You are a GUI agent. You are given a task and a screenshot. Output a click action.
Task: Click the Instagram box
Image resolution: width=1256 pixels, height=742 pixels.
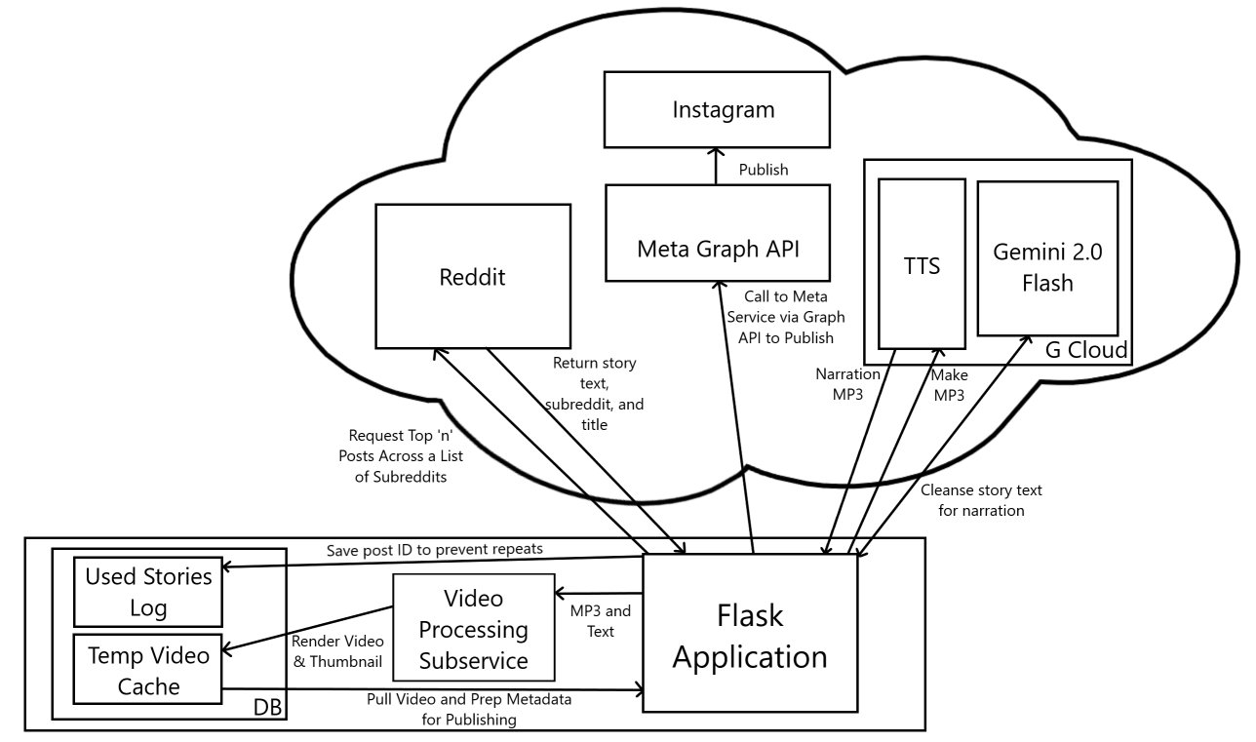click(x=723, y=109)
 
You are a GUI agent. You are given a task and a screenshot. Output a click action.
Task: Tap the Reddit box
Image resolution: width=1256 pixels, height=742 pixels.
click(x=471, y=277)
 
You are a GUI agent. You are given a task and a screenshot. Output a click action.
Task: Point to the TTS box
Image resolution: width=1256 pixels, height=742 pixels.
click(x=922, y=263)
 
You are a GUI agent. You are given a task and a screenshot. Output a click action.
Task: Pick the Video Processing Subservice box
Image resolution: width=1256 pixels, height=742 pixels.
click(x=473, y=627)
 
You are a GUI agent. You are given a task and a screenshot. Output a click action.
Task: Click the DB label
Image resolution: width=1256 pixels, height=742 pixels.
click(x=265, y=706)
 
